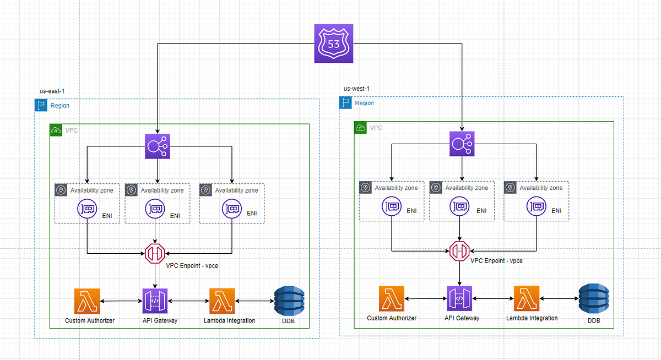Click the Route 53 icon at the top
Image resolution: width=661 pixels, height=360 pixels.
(333, 43)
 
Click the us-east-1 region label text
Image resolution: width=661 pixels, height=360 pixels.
(45, 91)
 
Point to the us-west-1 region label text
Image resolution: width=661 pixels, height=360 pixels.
(356, 89)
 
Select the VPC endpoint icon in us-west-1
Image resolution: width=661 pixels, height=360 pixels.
(459, 251)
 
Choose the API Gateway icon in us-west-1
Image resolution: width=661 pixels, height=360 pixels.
(459, 298)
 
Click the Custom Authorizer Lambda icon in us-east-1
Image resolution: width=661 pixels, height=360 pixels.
(86, 301)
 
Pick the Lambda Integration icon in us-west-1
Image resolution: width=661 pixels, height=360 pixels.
(527, 298)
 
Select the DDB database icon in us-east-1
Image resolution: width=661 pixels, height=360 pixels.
(289, 301)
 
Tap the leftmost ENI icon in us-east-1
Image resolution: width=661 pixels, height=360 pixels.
(87, 209)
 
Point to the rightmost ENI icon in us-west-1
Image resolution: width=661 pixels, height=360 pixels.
(537, 206)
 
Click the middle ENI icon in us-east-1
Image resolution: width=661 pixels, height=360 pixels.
(155, 209)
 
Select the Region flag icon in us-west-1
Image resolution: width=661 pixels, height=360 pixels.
(346, 103)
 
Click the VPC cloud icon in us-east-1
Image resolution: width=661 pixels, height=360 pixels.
(56, 130)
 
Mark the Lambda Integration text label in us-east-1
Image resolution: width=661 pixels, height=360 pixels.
(229, 320)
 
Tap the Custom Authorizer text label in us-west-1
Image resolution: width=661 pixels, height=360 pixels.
(392, 318)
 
